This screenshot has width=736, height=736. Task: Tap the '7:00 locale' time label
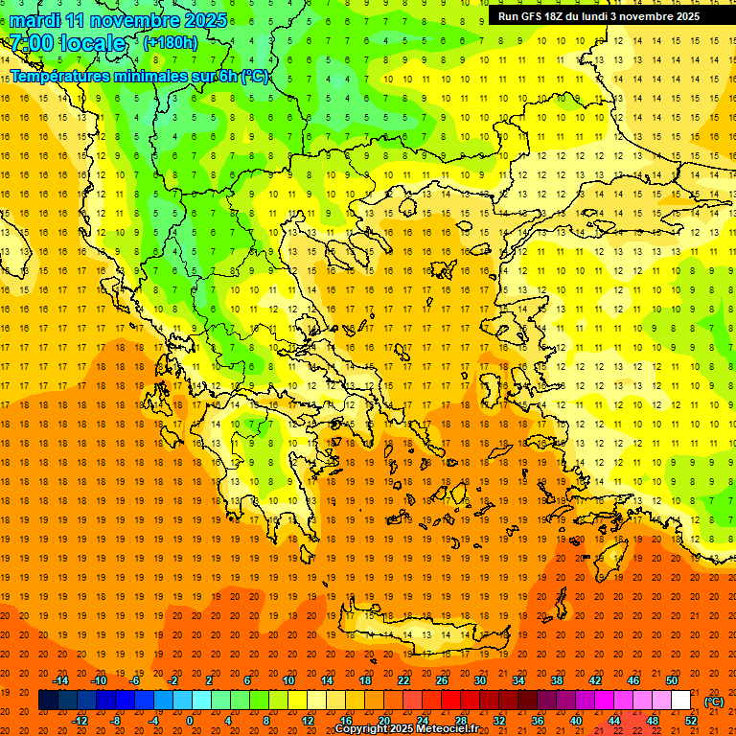[67, 43]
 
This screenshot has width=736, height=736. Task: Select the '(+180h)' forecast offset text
[171, 43]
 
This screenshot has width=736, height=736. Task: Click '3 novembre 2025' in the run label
[655, 16]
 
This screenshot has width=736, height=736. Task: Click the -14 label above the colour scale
[60, 680]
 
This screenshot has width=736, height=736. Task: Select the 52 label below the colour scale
[691, 721]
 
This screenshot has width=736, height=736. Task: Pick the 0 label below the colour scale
[190, 721]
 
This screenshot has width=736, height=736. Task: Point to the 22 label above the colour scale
[403, 680]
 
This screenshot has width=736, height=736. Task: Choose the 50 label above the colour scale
[672, 680]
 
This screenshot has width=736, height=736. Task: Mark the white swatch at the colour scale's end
[681, 701]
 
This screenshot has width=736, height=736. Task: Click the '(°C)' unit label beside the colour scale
[714, 701]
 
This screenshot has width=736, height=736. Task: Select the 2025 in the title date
[204, 19]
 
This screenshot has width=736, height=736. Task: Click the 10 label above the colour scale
[288, 680]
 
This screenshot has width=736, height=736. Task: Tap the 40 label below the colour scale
[576, 721]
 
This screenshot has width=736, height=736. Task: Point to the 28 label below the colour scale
[461, 721]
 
